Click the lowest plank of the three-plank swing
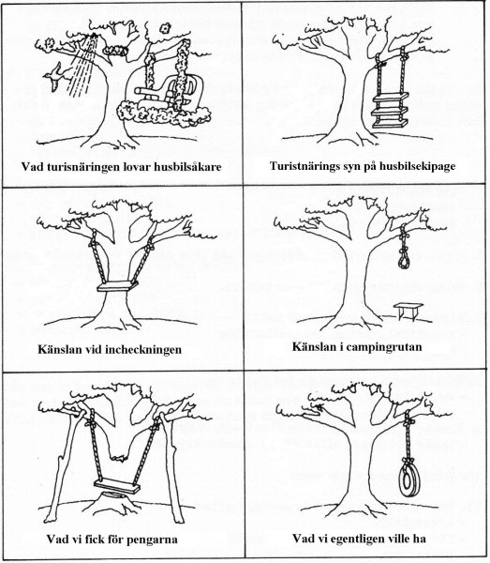point(390,124)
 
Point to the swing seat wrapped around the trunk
point(117,286)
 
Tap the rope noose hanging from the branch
point(405,251)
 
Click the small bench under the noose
point(408,311)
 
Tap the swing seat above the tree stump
point(117,486)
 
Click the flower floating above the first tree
point(165,27)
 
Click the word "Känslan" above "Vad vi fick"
point(58,349)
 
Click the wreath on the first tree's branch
point(115,51)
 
